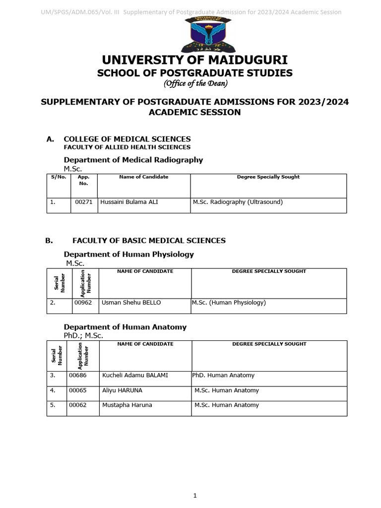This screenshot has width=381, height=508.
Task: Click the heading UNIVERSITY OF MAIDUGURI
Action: point(194,61)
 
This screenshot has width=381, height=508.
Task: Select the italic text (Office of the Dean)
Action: point(194,83)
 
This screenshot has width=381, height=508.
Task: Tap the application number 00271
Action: point(84,202)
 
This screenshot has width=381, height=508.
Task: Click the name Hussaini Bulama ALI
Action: point(129,202)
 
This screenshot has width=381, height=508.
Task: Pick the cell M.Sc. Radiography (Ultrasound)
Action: point(238,202)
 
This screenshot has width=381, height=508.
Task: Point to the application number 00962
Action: point(83,303)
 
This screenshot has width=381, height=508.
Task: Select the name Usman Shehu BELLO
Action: point(131,303)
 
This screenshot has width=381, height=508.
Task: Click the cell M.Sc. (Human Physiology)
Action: point(229,303)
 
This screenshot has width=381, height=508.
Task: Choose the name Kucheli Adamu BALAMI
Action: point(135,376)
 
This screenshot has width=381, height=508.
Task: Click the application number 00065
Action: point(78,390)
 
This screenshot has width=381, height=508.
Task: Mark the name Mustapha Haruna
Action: point(127,405)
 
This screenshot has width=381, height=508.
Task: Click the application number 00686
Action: point(78,376)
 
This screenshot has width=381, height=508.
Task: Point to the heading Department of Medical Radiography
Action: point(133,160)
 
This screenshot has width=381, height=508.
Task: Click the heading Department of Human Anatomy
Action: point(125,327)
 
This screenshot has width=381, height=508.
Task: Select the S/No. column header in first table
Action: point(59,177)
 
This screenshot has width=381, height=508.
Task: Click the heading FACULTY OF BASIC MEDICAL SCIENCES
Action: point(149,241)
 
